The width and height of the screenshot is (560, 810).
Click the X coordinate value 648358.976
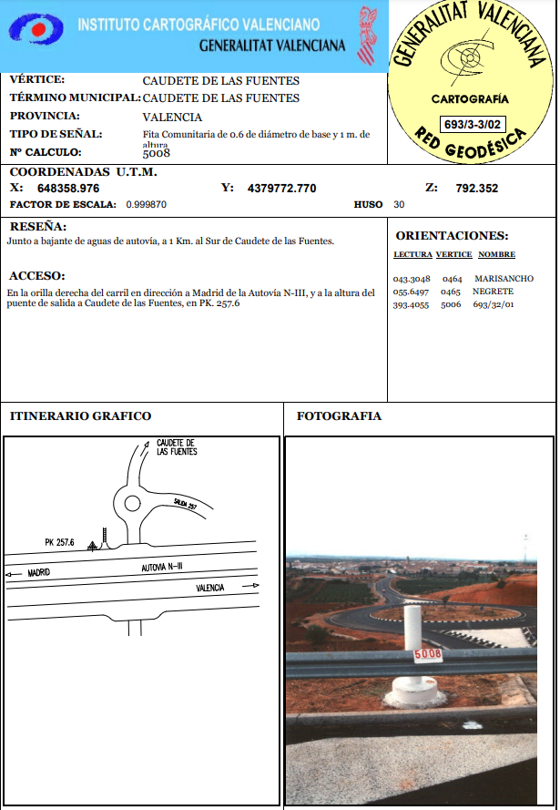pos(68,189)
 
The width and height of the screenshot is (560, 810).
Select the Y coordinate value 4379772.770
pos(281,189)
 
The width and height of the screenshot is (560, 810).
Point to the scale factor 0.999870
pos(146,205)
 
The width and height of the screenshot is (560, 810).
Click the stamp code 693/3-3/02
pos(471,124)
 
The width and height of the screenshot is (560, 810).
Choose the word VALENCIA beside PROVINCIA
pos(172,117)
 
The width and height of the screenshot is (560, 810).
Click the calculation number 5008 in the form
pos(157,153)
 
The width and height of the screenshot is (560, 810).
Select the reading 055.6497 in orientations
pos(411,291)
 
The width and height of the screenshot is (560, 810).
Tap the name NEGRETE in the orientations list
pos(493,291)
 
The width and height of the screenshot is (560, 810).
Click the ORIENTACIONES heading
pos(452,236)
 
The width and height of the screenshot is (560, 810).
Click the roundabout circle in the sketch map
pos(133,502)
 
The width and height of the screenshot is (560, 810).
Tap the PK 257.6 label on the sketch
pos(60,542)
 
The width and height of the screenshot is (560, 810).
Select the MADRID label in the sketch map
pos(38,573)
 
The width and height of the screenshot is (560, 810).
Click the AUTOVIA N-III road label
pos(162,567)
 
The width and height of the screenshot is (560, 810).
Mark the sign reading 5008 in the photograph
pos(427,654)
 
